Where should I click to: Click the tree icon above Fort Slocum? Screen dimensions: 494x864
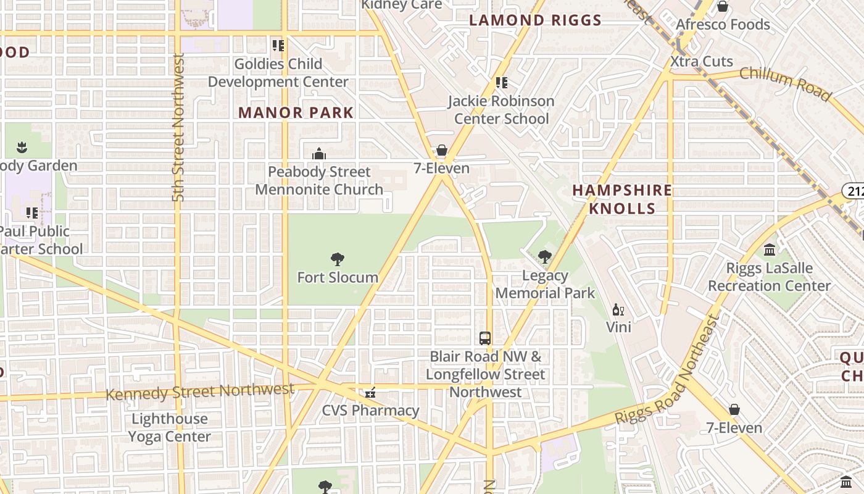[x=337, y=259]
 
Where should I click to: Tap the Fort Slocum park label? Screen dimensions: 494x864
[x=338, y=277]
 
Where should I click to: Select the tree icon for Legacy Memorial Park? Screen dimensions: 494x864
[x=544, y=257]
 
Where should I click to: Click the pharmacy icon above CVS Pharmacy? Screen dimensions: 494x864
[x=370, y=392]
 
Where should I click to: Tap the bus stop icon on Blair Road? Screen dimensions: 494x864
[x=485, y=338]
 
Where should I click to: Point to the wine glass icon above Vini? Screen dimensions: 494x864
[x=618, y=309]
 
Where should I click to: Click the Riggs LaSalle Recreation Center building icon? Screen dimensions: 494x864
[x=769, y=250]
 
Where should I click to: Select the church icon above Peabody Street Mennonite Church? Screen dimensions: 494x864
[x=319, y=153]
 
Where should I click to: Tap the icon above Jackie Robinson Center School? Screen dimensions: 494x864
[x=501, y=82]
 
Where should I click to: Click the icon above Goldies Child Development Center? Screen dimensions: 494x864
[x=278, y=45]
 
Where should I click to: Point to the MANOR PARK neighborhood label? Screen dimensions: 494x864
[x=296, y=112]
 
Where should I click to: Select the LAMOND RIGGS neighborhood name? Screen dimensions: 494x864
[x=535, y=20]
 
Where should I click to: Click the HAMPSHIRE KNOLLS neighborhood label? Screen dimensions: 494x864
[x=622, y=199]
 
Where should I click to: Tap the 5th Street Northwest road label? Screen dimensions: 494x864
[x=178, y=127]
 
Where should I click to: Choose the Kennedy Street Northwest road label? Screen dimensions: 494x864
[x=199, y=391]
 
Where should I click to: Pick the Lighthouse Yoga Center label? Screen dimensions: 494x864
[x=170, y=427]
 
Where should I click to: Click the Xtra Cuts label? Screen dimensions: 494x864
[x=702, y=61]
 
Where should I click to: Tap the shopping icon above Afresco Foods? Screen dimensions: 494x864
[x=722, y=7]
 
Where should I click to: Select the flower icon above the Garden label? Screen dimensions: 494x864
[x=22, y=147]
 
